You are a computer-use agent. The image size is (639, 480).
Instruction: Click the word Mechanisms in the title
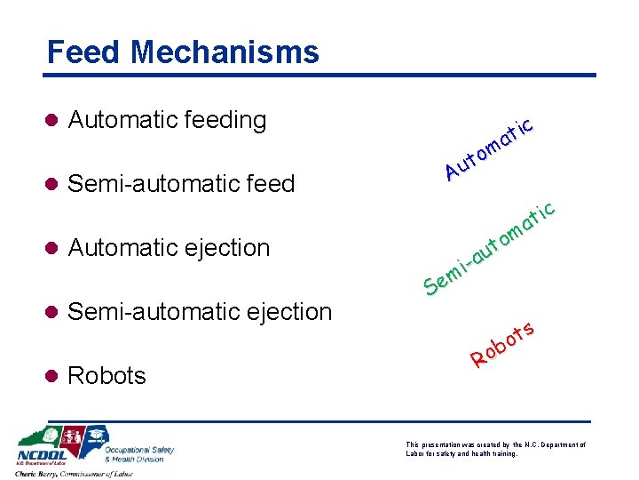tap(225, 52)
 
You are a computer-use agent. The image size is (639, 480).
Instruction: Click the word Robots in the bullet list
tap(106, 376)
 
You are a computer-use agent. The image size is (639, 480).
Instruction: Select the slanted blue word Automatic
tap(489, 147)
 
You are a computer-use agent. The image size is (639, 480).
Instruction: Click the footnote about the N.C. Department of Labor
tap(495, 448)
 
